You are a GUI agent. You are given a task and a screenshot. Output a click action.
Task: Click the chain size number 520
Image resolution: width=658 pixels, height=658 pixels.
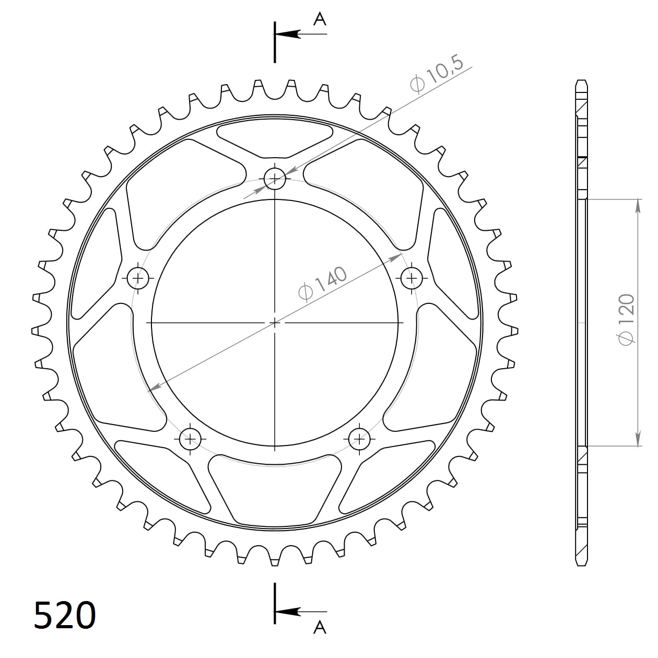[65, 615]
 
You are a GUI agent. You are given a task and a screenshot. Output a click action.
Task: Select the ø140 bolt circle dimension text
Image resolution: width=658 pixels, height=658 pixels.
[322, 284]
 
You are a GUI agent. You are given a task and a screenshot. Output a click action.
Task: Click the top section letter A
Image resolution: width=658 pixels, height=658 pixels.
[319, 19]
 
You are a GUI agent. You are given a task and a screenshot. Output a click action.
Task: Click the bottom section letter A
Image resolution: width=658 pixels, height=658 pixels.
[320, 627]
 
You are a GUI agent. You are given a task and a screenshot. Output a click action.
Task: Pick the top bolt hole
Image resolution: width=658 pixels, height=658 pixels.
[275, 179]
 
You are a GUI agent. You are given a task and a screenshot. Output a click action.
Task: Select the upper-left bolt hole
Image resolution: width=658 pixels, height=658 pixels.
[138, 278]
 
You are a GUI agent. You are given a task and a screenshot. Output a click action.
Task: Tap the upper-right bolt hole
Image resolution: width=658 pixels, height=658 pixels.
[412, 277]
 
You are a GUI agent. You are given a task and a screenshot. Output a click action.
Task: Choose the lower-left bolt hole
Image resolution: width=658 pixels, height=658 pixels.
[190, 439]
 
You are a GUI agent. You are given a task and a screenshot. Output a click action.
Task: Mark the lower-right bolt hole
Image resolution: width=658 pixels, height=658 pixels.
[359, 439]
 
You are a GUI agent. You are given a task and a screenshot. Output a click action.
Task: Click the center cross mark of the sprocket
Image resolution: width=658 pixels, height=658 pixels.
[275, 323]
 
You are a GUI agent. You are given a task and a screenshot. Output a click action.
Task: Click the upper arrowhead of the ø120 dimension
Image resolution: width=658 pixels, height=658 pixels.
[638, 206]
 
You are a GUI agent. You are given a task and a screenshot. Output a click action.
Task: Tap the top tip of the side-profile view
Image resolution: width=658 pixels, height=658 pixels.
[582, 81]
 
